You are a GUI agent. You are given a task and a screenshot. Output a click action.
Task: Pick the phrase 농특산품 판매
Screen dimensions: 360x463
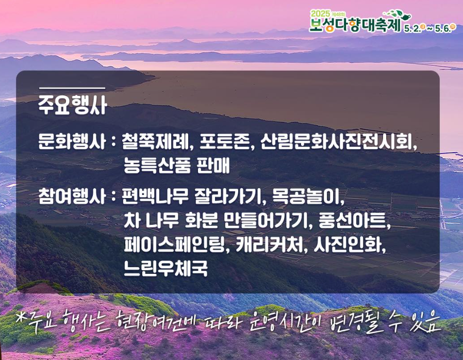[x=176, y=165]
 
